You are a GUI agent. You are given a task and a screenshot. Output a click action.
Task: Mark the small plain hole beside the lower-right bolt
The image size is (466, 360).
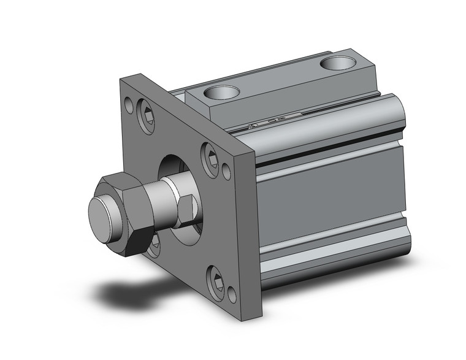[x=232, y=295]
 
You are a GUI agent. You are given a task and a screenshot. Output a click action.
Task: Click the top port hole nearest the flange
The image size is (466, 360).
[x=221, y=93]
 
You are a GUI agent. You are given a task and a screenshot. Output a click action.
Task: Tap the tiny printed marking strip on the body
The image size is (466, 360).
[x=276, y=122]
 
